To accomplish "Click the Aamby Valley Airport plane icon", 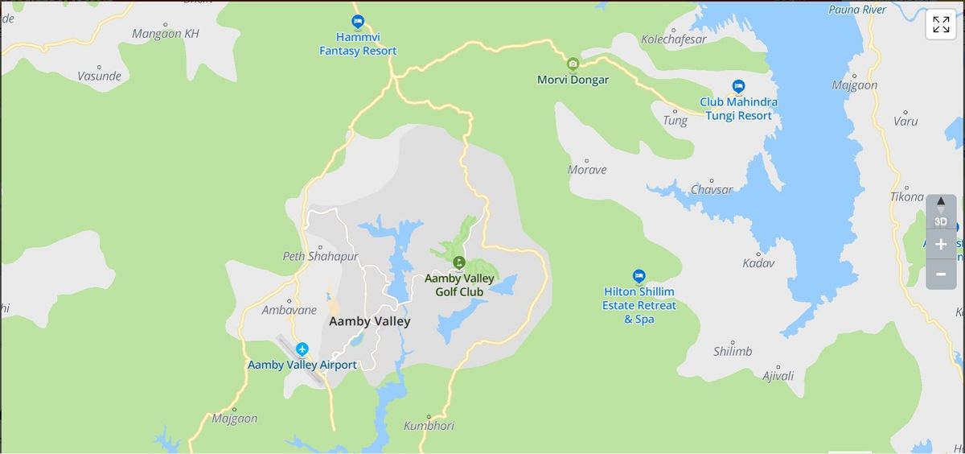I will (302, 349).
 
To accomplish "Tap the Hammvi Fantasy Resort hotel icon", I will (358, 22).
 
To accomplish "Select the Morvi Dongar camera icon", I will (573, 64).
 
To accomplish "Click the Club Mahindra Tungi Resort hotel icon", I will (738, 86).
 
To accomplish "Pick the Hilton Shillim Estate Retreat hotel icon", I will (639, 276).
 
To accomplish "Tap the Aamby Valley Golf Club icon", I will (458, 262).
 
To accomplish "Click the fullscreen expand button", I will (940, 25).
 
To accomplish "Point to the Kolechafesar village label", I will (673, 39).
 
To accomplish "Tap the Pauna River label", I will (857, 10).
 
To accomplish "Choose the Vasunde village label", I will (99, 76).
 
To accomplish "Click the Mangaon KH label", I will (165, 34).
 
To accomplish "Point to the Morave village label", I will (587, 170).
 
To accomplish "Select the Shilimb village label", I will (733, 351).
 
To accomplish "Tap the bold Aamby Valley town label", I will (369, 321).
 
